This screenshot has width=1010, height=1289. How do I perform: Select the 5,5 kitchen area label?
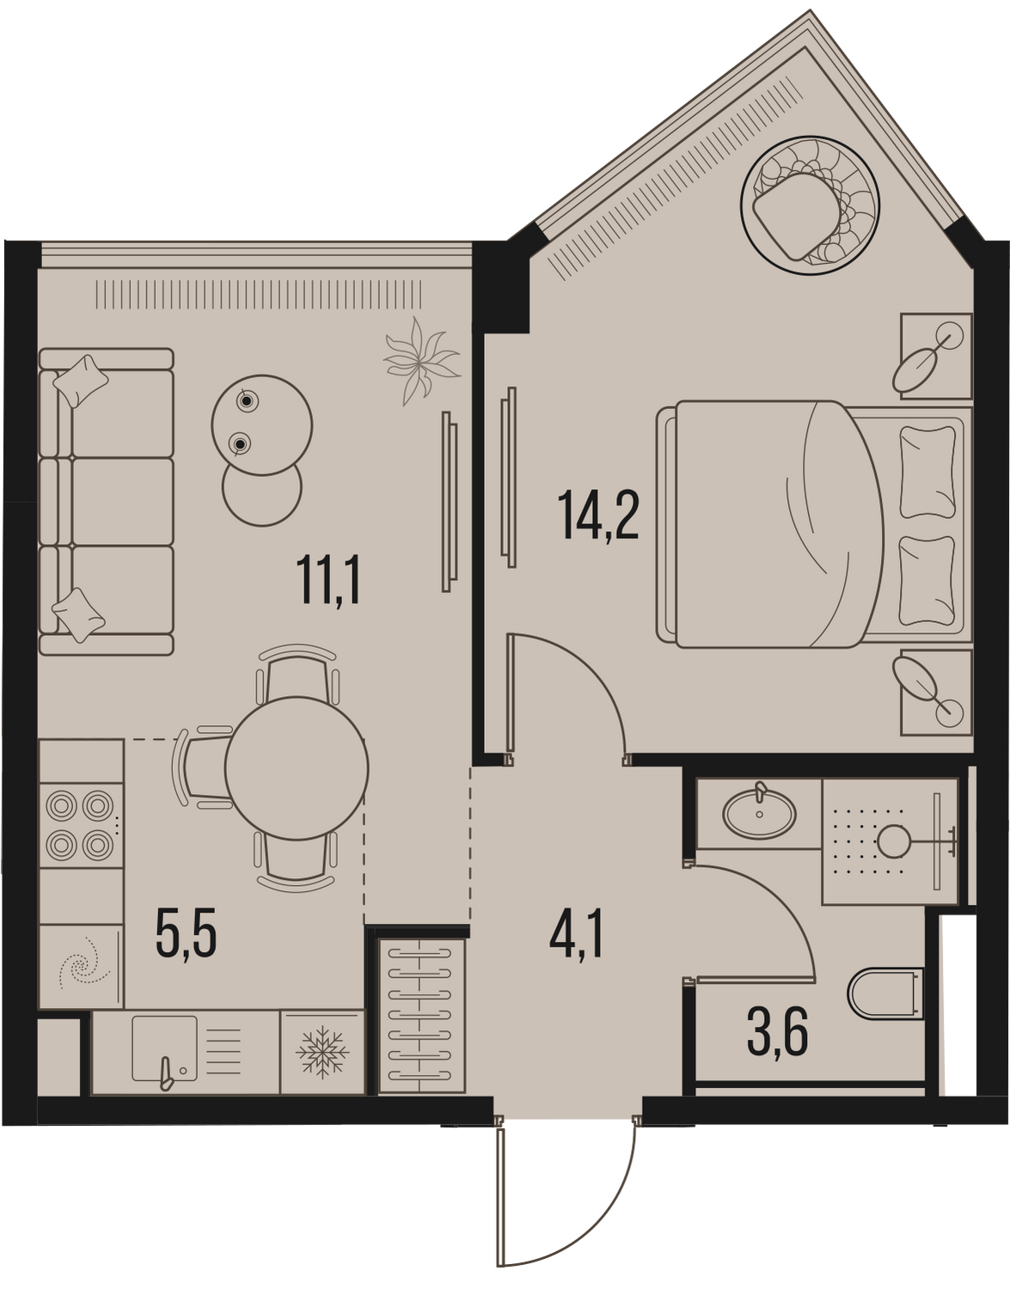187,948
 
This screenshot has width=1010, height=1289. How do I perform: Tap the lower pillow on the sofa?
79,614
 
